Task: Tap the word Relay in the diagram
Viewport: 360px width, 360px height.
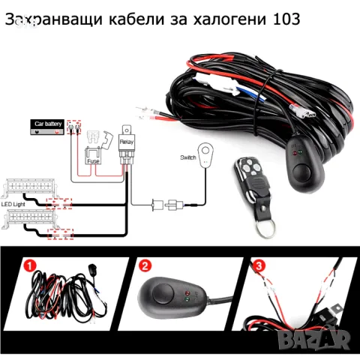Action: [125, 139]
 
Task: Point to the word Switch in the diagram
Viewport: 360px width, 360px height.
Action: [188, 157]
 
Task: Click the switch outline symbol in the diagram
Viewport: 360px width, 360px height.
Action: [202, 148]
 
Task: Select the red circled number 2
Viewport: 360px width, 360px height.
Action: [145, 265]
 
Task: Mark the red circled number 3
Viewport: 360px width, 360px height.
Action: [259, 265]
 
